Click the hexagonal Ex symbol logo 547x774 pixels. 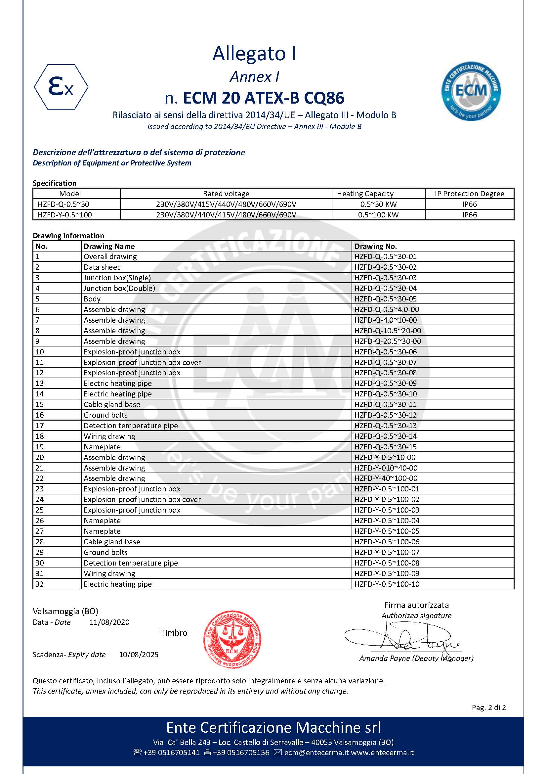coord(61,87)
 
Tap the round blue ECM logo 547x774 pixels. coord(471,91)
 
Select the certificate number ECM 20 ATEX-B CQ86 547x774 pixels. coord(263,98)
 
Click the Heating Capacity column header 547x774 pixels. coord(365,194)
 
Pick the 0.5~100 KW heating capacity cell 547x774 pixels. coord(378,215)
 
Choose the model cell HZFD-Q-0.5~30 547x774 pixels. coord(63,204)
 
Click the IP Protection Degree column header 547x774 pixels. coord(469,194)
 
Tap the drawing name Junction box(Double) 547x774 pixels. coord(119,288)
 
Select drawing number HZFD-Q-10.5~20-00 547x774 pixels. coord(388,331)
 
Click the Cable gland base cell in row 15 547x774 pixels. coord(112,404)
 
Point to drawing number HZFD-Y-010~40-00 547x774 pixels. coord(386,468)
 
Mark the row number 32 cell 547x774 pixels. coord(40,584)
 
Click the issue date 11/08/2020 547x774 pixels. coord(109,622)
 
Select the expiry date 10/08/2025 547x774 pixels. coord(139,655)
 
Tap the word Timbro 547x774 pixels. coord(174,633)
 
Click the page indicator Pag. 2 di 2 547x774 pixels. coord(489,707)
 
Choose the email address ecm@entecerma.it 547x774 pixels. coord(316,752)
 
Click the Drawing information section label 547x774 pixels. coord(68,236)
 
